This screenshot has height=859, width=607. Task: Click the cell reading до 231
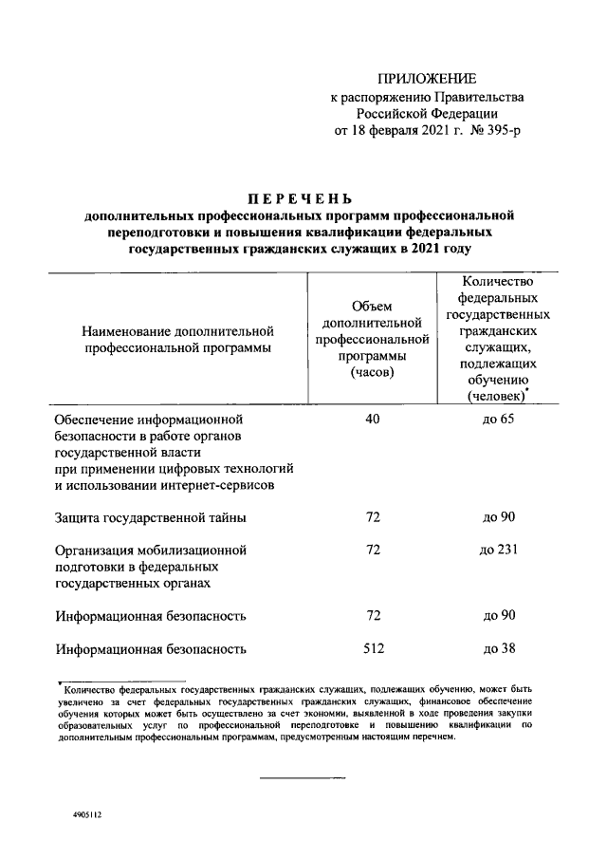(499, 550)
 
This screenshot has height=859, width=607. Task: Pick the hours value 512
(373, 649)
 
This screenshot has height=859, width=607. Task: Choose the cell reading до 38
(499, 649)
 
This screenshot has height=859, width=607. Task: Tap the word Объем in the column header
(372, 305)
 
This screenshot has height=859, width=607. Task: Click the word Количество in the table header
(498, 280)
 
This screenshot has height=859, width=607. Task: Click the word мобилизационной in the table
(196, 550)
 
